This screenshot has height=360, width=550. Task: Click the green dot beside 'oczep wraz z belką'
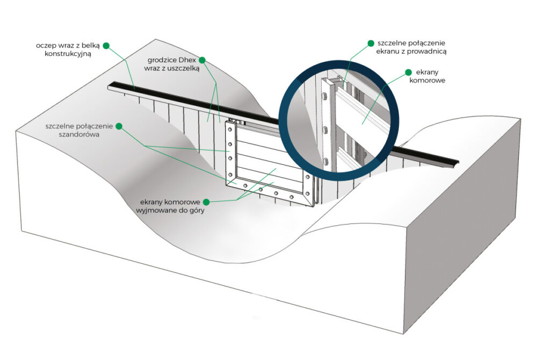point(106,46)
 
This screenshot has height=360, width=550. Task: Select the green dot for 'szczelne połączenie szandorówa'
point(119,126)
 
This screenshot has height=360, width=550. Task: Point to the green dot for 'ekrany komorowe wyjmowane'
point(206,201)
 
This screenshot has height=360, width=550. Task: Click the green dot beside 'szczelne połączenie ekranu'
point(371,42)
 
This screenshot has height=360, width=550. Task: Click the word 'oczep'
point(47,46)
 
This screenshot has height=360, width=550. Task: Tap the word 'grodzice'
point(162,60)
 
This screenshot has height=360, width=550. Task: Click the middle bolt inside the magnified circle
point(325,129)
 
